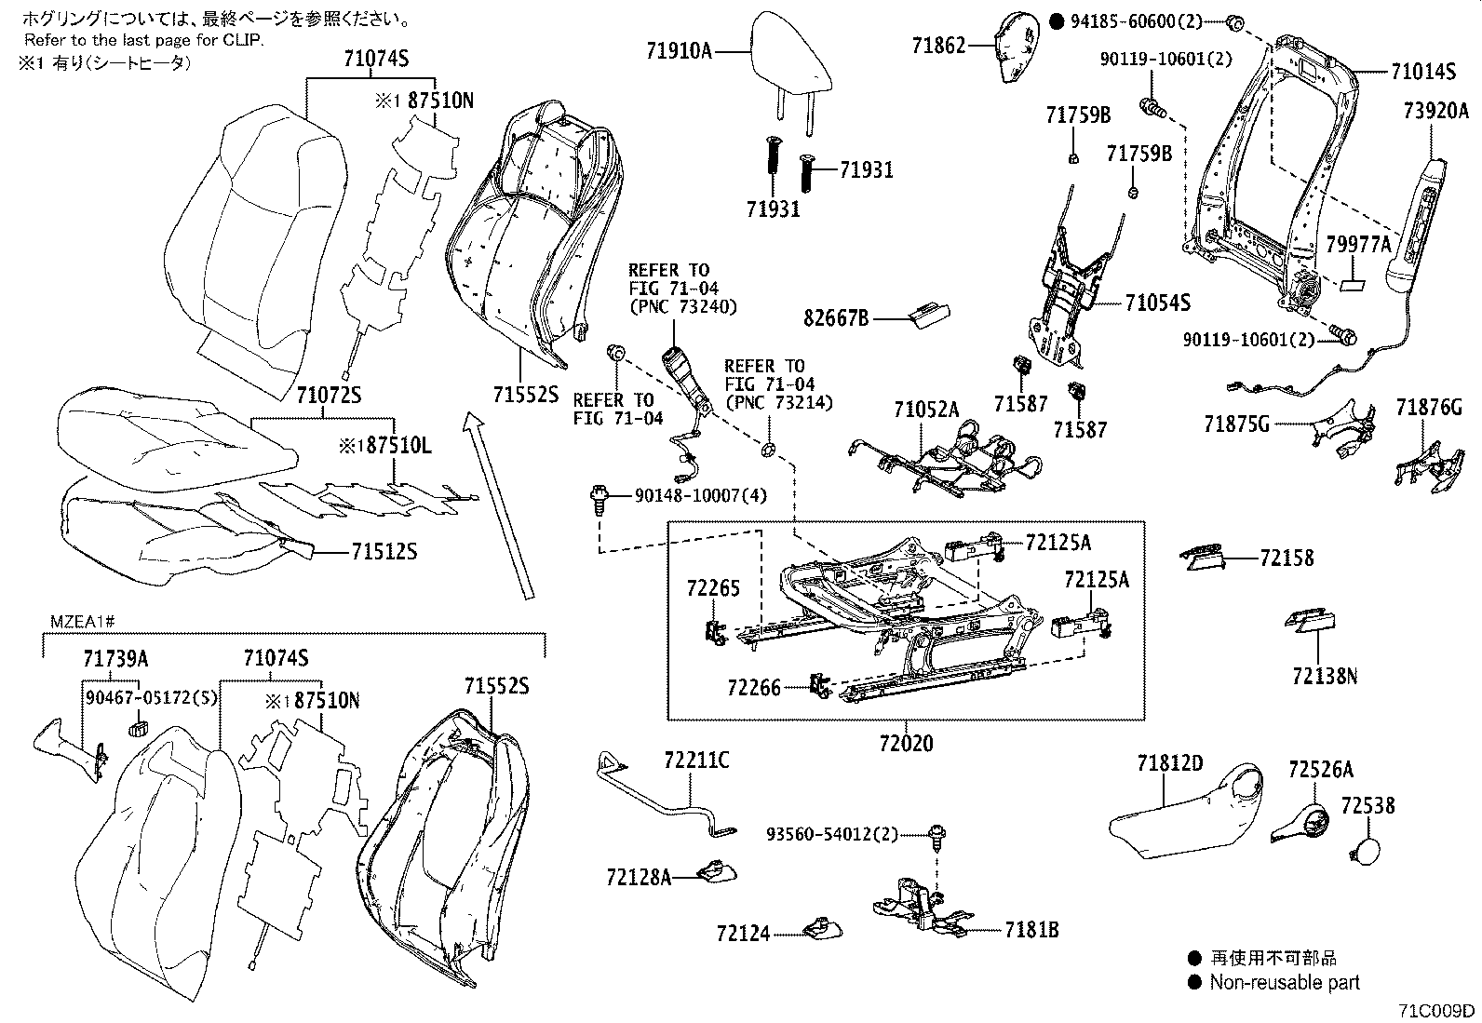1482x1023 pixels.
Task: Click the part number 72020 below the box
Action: point(906,744)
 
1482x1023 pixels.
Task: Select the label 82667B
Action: point(836,318)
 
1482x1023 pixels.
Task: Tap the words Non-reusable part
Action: point(1285,982)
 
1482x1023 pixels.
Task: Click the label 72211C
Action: point(696,761)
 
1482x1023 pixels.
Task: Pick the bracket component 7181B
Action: point(917,908)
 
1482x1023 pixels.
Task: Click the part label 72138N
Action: point(1324,675)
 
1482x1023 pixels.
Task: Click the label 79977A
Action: point(1358,245)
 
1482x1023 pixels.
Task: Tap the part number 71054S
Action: point(1158,303)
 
